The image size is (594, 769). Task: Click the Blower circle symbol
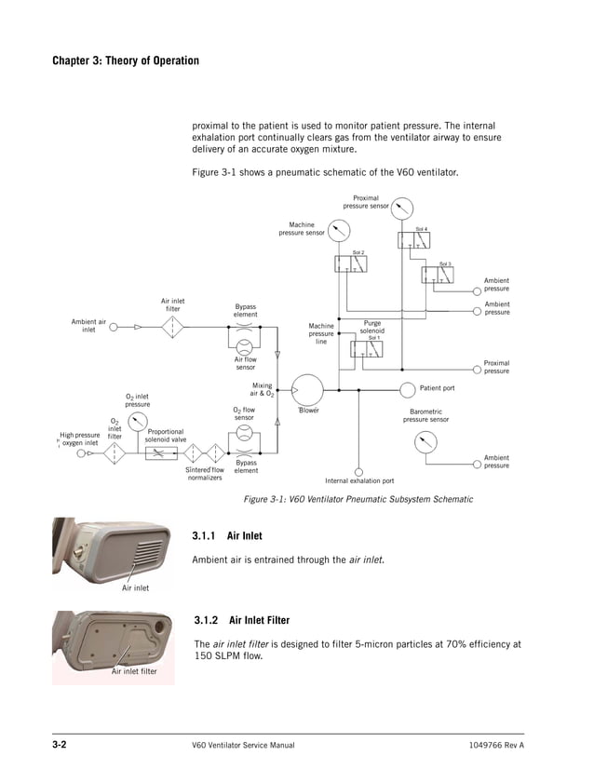(x=308, y=389)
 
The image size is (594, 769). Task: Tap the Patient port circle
(x=409, y=388)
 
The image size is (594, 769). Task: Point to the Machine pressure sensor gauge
(x=338, y=228)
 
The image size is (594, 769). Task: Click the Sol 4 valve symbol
(x=412, y=241)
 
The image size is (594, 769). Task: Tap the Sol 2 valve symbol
(x=351, y=263)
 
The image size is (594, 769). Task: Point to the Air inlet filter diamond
(x=173, y=328)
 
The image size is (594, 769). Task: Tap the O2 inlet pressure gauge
(x=137, y=422)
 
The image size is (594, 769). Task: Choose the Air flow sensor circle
(x=245, y=344)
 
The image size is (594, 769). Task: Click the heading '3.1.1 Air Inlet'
(x=226, y=536)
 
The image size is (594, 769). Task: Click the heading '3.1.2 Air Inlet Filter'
(x=240, y=620)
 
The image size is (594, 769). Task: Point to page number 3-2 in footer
(x=63, y=747)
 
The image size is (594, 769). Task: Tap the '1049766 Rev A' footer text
(x=496, y=747)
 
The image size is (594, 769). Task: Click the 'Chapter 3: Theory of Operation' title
(x=126, y=61)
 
